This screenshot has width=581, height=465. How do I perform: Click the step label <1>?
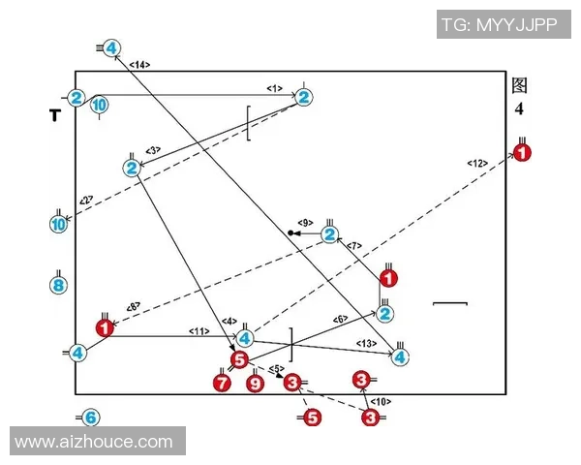(275, 89)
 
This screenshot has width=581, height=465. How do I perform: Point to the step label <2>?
(86, 200)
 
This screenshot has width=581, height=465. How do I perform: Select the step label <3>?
(153, 150)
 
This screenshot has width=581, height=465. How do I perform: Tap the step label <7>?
(354, 245)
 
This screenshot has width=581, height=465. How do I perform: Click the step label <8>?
(134, 307)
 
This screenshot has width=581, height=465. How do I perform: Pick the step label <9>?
(305, 223)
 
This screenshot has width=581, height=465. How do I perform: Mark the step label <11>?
(199, 331)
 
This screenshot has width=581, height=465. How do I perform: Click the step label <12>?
(476, 162)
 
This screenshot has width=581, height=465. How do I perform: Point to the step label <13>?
(366, 344)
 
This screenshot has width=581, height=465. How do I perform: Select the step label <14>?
(138, 65)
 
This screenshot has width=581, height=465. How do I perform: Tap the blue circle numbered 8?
(58, 285)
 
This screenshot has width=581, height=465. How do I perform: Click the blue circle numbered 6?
(89, 418)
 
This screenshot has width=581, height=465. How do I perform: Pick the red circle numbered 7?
(222, 383)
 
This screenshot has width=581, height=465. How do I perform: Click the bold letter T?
(55, 115)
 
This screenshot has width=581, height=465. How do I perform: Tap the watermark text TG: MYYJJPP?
(499, 25)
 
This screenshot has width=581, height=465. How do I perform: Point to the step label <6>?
(341, 320)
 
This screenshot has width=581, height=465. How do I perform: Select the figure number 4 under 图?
(519, 108)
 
